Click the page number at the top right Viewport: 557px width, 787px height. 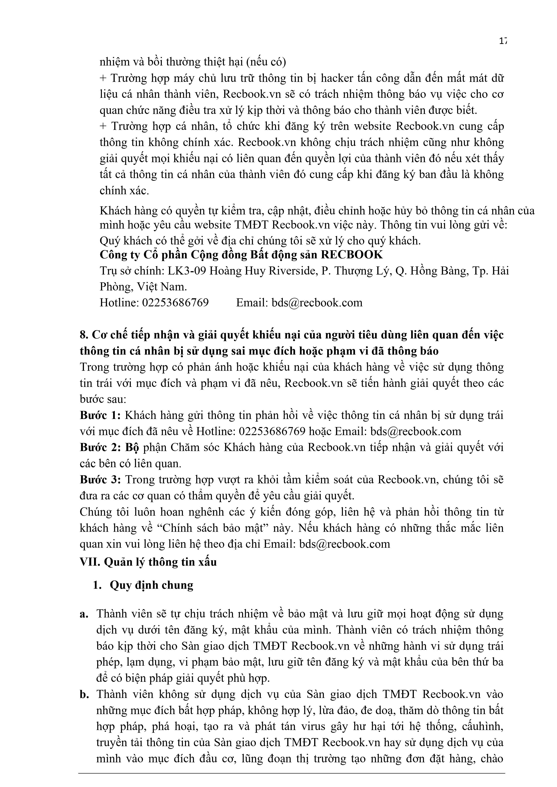503,41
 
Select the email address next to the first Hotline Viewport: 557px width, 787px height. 317,303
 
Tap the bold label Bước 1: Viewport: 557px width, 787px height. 100,415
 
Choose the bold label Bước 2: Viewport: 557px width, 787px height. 100,447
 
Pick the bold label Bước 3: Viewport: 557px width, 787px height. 100,480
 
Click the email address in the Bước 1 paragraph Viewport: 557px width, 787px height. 416,431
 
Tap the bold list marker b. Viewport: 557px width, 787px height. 84,694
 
